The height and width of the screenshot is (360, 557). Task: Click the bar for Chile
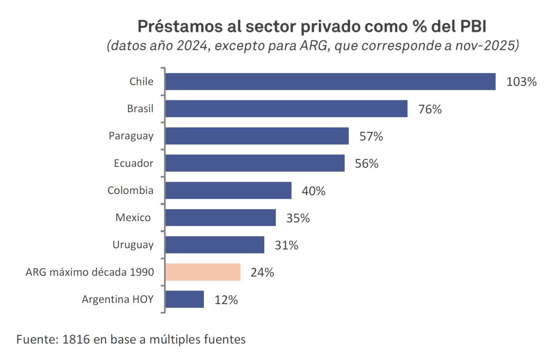pos(330,81)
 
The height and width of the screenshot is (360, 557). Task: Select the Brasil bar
pos(286,109)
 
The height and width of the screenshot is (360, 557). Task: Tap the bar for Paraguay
pos(257,136)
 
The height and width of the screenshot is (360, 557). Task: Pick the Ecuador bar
pos(255,163)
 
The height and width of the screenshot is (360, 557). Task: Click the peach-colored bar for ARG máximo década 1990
pos(203,272)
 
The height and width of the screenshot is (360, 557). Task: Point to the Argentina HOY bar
pos(185,299)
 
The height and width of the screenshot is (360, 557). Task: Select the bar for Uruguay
pos(215,245)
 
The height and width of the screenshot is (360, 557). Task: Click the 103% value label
pos(521,82)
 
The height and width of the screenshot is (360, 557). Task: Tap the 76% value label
pos(430,109)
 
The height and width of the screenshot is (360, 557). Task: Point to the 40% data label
pos(313,191)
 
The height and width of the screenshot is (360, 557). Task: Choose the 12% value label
pos(226,300)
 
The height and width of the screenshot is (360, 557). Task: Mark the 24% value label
pos(262,272)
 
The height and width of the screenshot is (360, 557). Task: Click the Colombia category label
pos(130,190)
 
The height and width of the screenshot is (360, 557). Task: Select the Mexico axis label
pos(133,217)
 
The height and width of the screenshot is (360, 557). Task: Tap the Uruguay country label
pos(133,245)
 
